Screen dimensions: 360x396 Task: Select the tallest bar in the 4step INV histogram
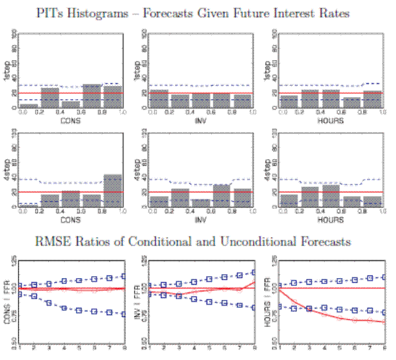click(x=222, y=196)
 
